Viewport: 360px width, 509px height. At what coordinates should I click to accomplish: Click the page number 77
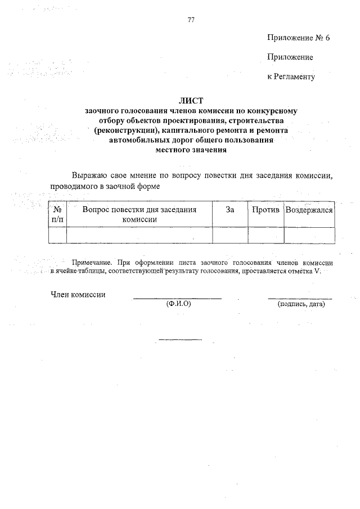point(191,20)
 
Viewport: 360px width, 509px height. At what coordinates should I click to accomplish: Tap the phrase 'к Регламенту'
point(291,76)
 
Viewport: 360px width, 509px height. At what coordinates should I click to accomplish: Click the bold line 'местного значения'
point(190,150)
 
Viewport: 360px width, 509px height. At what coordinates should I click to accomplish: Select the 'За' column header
point(229,210)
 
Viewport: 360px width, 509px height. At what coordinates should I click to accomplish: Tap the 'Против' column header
point(265,210)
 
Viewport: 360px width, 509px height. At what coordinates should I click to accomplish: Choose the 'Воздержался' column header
point(309,210)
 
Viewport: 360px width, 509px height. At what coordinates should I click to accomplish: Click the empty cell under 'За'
point(229,235)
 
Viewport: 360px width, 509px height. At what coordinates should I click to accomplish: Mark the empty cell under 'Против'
point(265,235)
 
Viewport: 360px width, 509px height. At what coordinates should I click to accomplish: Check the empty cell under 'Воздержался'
point(309,235)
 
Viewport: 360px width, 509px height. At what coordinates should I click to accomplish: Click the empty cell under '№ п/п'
point(57,235)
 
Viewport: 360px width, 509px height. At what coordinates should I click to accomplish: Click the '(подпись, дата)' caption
point(301,304)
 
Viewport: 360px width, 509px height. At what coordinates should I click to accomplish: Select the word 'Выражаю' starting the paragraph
point(87,175)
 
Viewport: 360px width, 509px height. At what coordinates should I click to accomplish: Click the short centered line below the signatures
point(180,339)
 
